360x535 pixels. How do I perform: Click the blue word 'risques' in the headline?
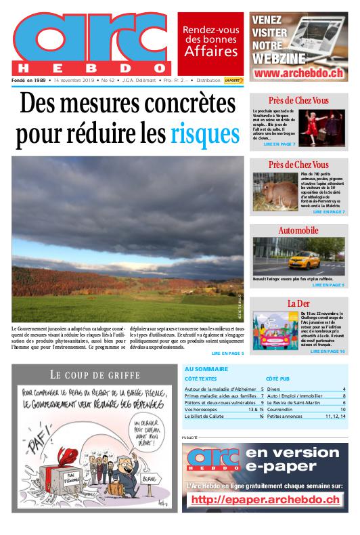[205, 134]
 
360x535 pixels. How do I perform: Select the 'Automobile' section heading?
[298, 231]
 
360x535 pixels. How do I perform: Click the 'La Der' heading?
[298, 303]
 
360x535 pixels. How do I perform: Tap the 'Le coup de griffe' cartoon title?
[95, 374]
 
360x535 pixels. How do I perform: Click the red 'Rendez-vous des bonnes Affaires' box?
[210, 41]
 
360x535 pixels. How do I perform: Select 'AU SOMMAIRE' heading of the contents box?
[206, 369]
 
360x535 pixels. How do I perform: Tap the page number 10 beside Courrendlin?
[343, 409]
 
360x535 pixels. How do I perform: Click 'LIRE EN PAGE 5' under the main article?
[227, 354]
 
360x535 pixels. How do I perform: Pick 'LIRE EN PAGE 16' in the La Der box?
[328, 351]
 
